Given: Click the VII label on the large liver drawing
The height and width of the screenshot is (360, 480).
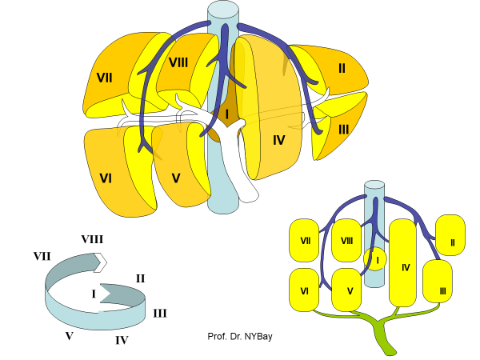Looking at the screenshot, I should [x=104, y=78].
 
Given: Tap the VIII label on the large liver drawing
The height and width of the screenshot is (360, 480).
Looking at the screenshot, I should [x=178, y=62].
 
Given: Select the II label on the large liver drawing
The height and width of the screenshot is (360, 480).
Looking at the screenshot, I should [x=342, y=68].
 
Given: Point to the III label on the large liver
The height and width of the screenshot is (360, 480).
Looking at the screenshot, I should [x=343, y=129].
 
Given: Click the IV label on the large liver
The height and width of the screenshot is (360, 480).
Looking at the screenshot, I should [x=278, y=140].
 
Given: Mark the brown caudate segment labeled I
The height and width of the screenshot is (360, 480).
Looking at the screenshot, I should [x=226, y=115].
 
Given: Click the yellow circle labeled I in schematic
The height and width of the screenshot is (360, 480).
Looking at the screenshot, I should [x=375, y=259].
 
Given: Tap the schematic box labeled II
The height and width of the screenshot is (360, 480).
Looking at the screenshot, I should [x=450, y=235].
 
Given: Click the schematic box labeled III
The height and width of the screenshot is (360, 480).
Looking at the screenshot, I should [x=438, y=281].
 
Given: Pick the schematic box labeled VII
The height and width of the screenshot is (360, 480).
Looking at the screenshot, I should [x=304, y=240].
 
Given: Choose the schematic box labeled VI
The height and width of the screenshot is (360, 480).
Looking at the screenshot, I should [x=304, y=290].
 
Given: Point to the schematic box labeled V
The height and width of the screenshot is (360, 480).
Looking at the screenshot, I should [x=347, y=290].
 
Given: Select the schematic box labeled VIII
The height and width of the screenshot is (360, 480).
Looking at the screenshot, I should [x=346, y=240].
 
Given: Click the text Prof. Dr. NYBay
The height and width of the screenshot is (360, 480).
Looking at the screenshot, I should [x=240, y=337].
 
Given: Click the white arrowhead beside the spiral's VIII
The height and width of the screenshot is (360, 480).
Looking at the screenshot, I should [x=100, y=262].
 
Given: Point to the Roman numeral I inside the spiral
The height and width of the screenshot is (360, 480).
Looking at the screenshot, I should [x=94, y=294].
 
